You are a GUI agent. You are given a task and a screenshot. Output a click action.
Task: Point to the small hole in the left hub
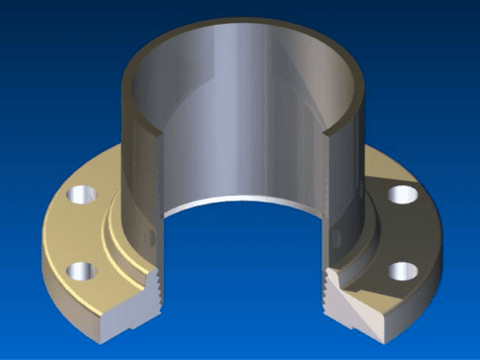[147, 235]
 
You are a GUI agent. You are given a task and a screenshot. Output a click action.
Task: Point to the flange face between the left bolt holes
[72, 235]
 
